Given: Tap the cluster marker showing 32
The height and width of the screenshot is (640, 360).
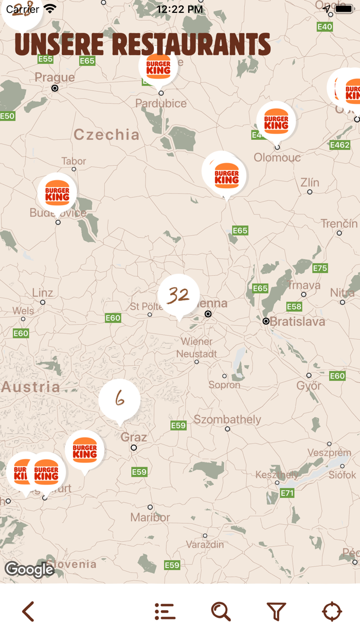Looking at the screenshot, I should point(178,295).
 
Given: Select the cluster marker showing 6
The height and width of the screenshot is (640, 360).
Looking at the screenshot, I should point(119,399).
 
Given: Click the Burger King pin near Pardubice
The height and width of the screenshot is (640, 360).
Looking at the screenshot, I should point(158,67).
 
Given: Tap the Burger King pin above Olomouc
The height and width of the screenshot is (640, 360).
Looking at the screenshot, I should point(276,120).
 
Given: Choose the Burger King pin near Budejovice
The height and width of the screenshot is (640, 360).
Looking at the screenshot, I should point(57,192).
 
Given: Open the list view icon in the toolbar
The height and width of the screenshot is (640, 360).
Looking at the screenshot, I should point(165,611).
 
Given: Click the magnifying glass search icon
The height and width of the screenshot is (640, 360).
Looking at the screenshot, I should point(221,611).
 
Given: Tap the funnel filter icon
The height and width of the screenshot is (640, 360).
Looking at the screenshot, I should point(276,611).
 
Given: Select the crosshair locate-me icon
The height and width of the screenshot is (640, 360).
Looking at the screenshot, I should point(332,611).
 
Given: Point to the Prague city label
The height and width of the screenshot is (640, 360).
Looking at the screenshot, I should point(55,78).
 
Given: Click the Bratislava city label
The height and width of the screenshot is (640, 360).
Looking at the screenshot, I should point(297,322).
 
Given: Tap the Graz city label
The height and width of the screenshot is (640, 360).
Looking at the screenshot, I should point(134,437).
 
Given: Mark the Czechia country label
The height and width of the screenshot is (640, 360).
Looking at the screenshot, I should point(106,135).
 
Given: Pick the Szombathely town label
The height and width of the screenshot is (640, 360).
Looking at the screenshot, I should point(227,419).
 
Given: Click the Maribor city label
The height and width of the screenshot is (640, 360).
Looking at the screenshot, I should point(150,517).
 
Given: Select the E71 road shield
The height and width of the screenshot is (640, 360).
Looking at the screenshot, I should point(287,493).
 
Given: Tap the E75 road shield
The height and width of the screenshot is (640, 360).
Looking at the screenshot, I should point(320,268).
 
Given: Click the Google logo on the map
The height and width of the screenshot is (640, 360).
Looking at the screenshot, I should point(29,570).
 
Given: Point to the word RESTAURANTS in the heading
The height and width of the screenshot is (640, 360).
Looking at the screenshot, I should point(191,45).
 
